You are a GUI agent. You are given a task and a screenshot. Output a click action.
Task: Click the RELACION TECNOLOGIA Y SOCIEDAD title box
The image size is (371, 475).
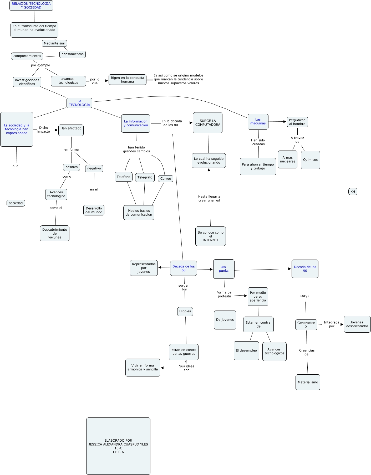pos(31,6)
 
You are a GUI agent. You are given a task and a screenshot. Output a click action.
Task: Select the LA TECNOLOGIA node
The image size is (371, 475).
pos(79,103)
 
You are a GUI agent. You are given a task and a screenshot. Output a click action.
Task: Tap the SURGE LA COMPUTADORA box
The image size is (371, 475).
pos(207,123)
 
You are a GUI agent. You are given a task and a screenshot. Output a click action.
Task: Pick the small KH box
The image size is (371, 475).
pos(353,192)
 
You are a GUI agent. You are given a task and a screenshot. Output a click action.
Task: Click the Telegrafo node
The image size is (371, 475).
pos(145,177)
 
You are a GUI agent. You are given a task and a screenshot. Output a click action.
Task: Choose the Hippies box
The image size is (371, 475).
pos(185,311)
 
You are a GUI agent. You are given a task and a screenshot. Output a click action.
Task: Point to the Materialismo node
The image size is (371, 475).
pos(308,382)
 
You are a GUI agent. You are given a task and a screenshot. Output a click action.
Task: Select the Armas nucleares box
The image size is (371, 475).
pos(287,159)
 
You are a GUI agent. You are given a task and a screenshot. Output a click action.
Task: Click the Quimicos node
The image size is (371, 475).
pos(310,160)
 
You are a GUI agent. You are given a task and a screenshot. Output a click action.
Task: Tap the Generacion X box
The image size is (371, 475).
pos(306,325)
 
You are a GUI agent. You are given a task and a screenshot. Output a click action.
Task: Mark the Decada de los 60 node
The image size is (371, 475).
pos(183,268)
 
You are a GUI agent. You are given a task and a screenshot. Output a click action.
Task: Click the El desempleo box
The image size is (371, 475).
pos(246,350)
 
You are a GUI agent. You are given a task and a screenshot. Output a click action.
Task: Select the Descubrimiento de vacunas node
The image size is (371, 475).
pos(54,233)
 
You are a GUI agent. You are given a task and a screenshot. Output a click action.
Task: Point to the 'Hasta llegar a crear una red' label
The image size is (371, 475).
pos(209,198)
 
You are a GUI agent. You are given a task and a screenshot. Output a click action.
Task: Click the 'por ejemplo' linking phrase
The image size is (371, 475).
pos(40,65)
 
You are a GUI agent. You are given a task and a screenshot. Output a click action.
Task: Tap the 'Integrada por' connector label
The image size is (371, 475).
pos(331,324)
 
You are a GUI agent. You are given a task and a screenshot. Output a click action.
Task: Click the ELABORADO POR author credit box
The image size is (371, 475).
pos(118,446)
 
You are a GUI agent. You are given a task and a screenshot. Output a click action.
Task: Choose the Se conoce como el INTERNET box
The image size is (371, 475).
pos(210,236)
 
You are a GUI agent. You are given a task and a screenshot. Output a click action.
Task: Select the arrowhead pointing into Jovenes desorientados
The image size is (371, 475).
pos(342,324)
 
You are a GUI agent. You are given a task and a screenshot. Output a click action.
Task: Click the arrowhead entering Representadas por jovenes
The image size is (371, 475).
pos(160,267)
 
